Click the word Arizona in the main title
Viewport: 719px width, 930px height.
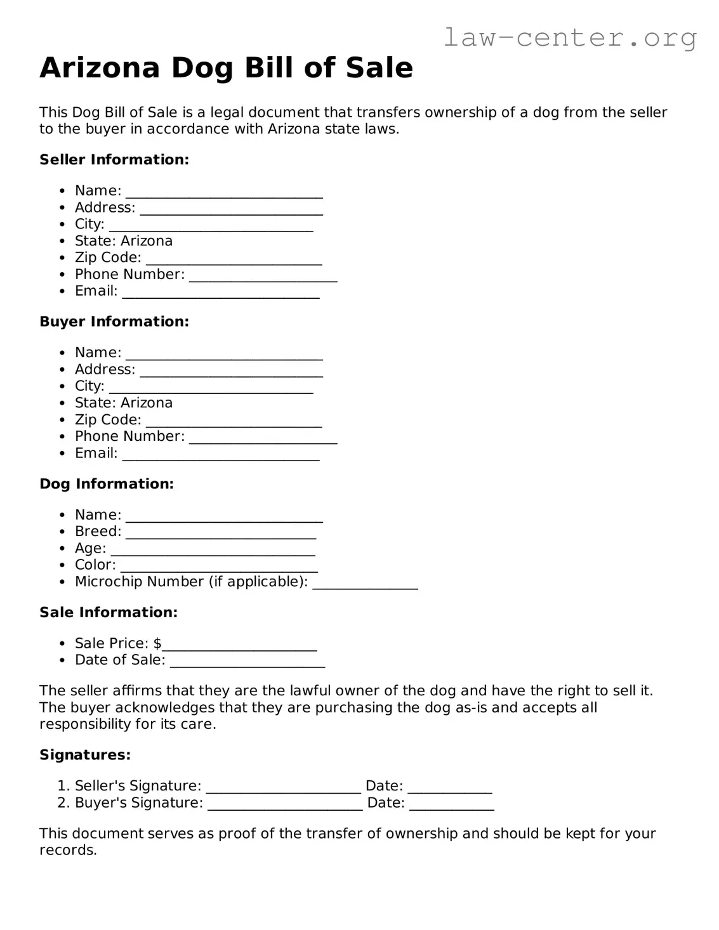coord(100,68)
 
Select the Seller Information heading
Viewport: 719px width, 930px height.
coord(114,160)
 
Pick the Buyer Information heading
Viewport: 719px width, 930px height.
coord(114,322)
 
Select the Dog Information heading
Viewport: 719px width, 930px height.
coord(107,484)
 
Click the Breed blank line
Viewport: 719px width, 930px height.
coord(220,534)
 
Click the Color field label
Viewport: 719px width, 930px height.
coord(95,565)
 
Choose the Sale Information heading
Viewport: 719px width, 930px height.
coord(109,612)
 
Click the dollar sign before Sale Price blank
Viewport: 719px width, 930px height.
coord(157,643)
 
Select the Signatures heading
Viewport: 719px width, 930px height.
coord(85,755)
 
